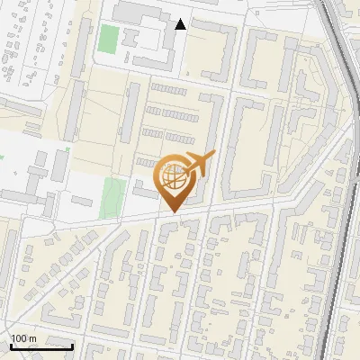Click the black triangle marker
coord(181,24)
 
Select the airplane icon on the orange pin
coord(199,164)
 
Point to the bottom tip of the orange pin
coord(173,211)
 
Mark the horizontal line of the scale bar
coord(41,346)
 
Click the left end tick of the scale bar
coord(11,345)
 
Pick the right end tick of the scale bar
coord(73,345)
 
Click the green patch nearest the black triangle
coord(108,40)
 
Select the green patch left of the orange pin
coord(112,196)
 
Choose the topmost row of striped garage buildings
coord(169,89)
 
